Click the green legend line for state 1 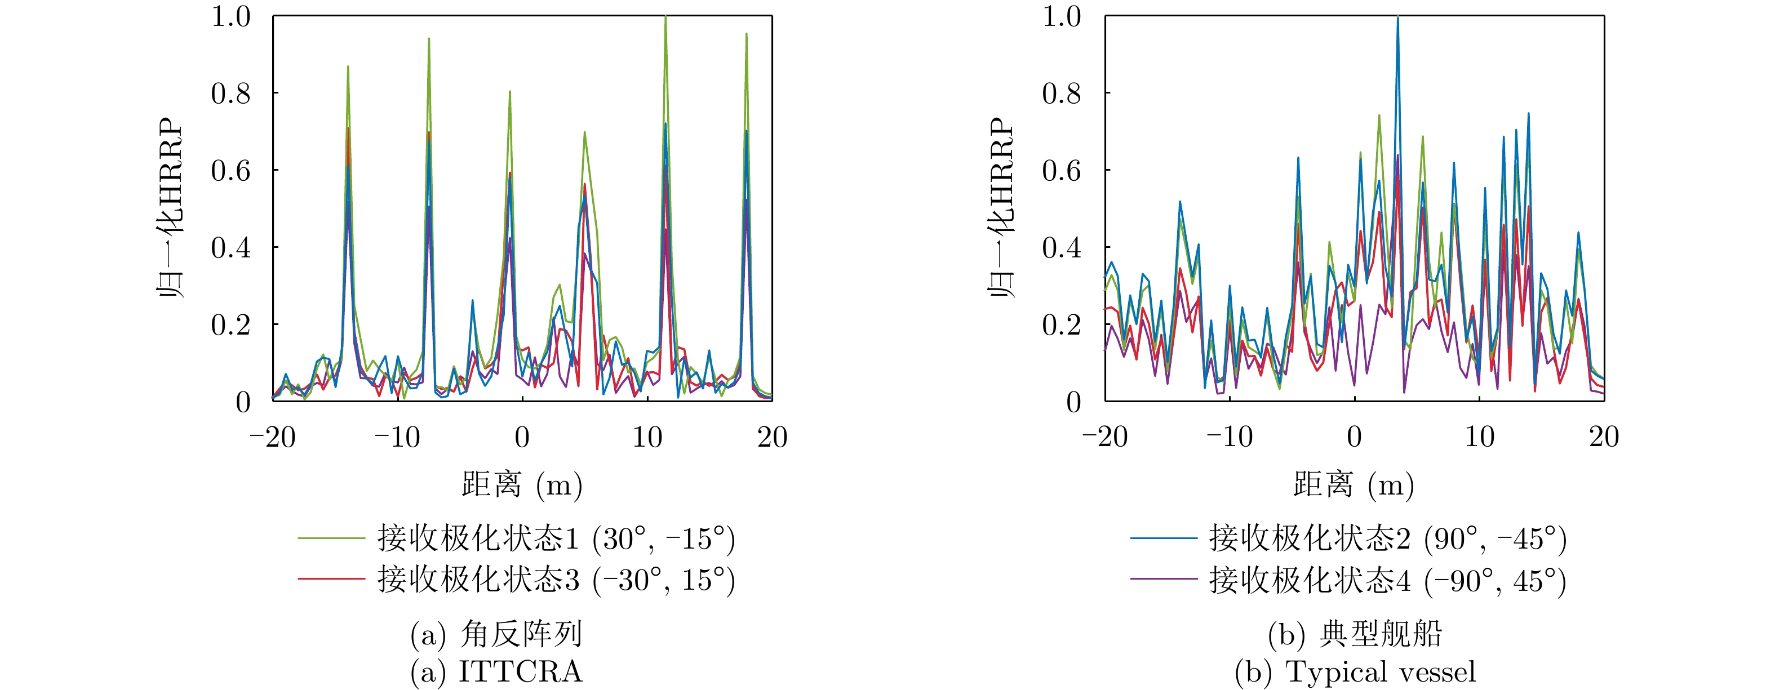point(331,538)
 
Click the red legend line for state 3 point(331,579)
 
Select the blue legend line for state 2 point(1163,538)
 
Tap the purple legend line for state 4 point(1163,579)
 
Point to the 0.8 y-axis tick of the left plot point(231,93)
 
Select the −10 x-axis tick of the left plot point(398,437)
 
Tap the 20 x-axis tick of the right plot point(1604,437)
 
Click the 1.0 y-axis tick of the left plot point(231,16)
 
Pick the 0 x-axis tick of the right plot point(1355,437)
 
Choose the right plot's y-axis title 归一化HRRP point(1002,207)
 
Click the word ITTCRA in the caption point(520,671)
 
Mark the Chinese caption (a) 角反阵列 point(496,634)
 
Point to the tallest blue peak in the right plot point(1397,17)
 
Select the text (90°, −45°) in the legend point(1496,538)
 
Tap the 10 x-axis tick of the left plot point(647,437)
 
